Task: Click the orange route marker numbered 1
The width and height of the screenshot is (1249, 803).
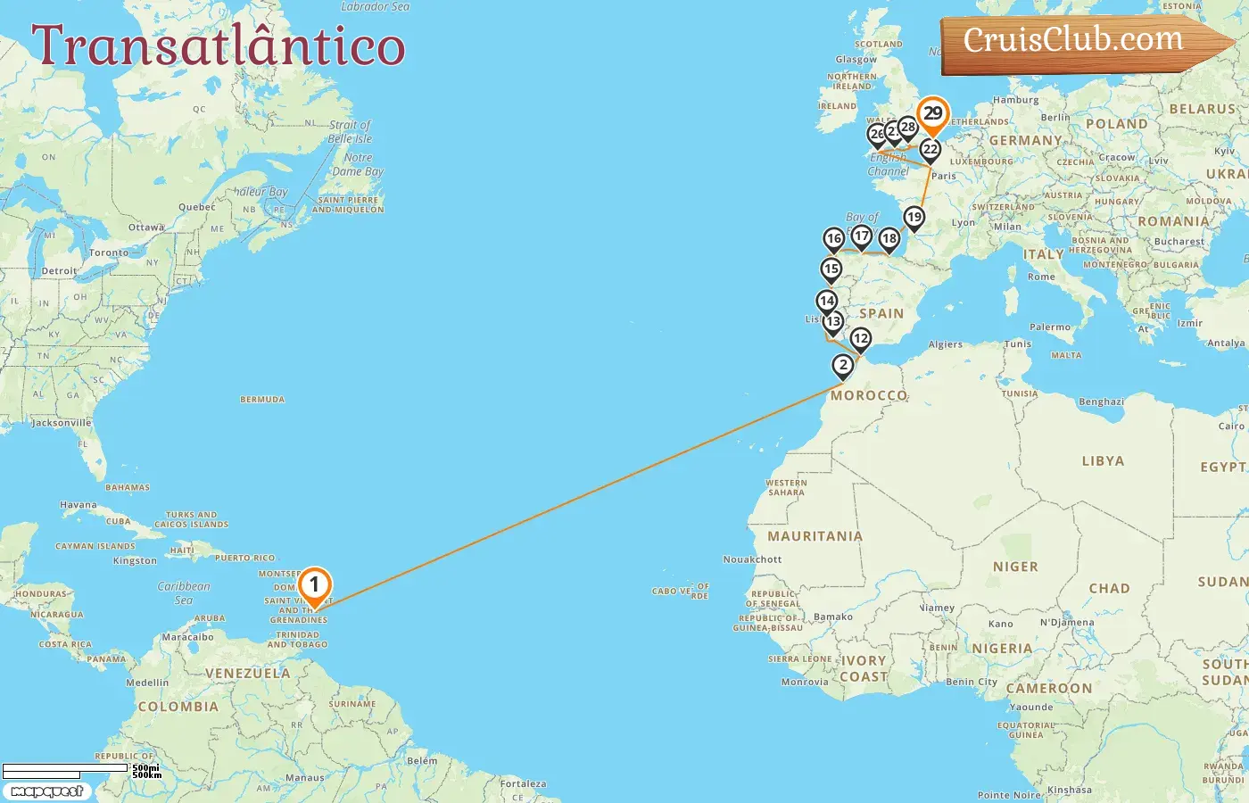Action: tap(314, 585)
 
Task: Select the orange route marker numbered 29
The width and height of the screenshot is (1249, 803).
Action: tap(932, 114)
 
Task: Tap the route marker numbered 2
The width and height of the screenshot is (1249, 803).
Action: tap(843, 365)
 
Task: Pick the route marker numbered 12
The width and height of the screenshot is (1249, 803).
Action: tap(860, 339)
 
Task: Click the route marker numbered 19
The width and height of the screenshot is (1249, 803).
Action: tap(914, 217)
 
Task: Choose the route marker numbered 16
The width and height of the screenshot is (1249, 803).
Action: tap(833, 238)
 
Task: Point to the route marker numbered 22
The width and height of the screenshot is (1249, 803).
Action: tap(931, 149)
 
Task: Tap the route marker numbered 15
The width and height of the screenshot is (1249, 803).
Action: tap(831, 269)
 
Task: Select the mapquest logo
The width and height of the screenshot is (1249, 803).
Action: tap(47, 791)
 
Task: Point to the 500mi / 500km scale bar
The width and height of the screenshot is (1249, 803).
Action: tap(80, 771)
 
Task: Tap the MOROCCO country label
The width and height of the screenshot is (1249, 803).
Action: tap(869, 395)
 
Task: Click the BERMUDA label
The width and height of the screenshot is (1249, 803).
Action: tap(262, 400)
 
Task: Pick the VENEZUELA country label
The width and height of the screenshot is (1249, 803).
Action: tap(248, 674)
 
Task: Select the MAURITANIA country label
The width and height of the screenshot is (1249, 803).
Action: tap(815, 536)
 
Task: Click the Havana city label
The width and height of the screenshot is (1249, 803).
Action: tap(79, 505)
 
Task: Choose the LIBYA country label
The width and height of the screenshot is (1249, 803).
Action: tap(1103, 461)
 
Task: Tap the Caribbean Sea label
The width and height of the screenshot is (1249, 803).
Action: tap(184, 592)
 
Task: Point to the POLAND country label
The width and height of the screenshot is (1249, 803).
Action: tap(1116, 124)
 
